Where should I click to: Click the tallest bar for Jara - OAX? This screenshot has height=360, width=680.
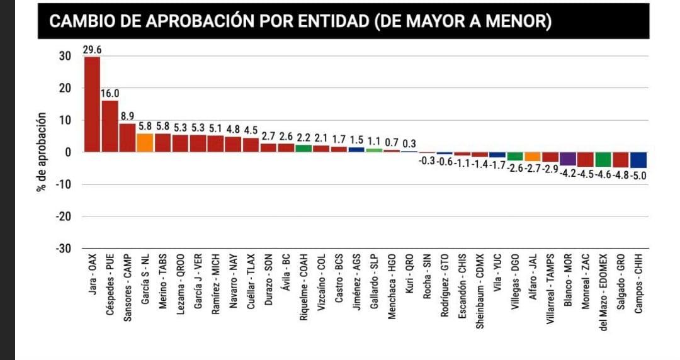coord(92,104)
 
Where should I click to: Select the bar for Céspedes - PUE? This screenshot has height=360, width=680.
coord(110,127)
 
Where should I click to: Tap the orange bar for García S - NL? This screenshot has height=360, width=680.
coord(145,143)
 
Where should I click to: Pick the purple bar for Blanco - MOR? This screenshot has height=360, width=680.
coord(568,159)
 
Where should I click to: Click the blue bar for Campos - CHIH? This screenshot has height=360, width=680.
coord(638,160)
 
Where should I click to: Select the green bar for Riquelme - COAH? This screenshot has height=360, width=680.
coord(303,149)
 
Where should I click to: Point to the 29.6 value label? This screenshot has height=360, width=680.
coord(92,50)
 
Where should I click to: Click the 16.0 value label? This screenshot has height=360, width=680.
coord(110,94)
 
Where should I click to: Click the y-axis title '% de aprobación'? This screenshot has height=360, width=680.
coord(42,152)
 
